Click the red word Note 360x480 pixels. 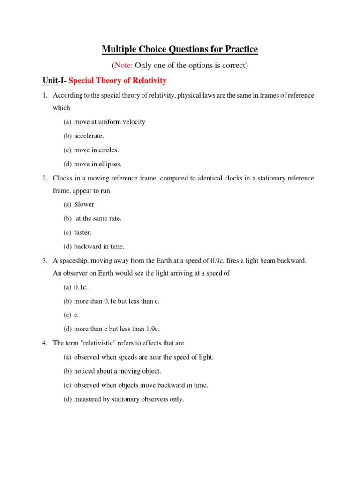[123, 66]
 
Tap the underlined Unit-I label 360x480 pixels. [53, 81]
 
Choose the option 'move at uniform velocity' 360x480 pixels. [110, 122]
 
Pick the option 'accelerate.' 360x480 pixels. [89, 136]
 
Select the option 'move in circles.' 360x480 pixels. [96, 150]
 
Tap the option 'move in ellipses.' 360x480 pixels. [97, 164]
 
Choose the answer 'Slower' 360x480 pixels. [84, 204]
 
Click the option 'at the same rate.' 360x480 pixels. [98, 218]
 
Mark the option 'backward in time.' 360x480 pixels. [99, 247]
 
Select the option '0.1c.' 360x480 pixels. [81, 287]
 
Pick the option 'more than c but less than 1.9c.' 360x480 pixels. [120, 329]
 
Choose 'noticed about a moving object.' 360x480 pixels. [117, 371]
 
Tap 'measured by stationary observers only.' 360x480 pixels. [129, 399]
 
